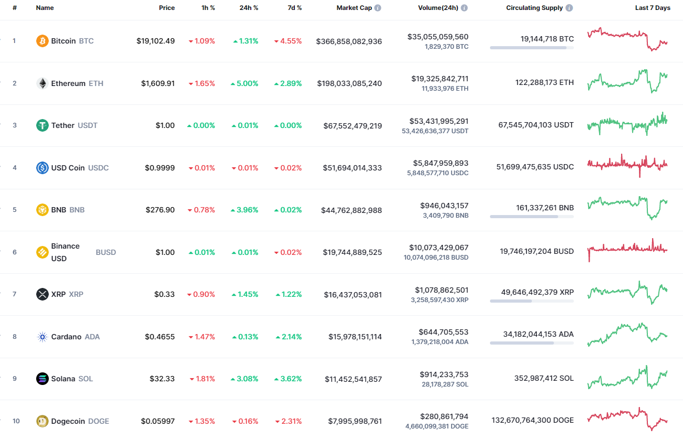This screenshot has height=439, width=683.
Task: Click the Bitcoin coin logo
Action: point(42,41)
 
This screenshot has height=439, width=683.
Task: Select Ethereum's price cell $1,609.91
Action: point(158,83)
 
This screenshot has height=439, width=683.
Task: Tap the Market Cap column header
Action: point(354,8)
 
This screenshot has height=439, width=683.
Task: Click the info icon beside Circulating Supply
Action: point(569,8)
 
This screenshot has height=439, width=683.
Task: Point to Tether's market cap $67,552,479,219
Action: point(349,126)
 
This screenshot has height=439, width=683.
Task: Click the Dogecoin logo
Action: point(42,421)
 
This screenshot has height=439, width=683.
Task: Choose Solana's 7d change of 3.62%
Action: point(288,379)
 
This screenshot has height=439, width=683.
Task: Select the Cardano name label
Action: point(66,337)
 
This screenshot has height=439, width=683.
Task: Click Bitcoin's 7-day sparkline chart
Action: point(627,39)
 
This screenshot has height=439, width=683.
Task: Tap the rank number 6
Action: point(15,252)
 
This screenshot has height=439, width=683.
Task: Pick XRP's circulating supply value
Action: point(537,292)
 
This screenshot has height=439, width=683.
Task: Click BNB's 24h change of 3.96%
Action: point(244,210)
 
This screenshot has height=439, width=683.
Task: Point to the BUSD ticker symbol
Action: point(105,252)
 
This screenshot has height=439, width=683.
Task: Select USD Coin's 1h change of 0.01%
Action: point(201,168)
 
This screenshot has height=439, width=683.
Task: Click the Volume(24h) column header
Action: point(437,8)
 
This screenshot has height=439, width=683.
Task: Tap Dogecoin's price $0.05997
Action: point(158,421)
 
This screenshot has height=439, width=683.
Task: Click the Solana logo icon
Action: point(42,379)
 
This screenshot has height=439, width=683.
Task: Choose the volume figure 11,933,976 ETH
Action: point(445,89)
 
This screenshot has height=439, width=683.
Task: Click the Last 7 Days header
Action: point(653,8)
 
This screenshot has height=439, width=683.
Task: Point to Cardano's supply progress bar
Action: point(531,343)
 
